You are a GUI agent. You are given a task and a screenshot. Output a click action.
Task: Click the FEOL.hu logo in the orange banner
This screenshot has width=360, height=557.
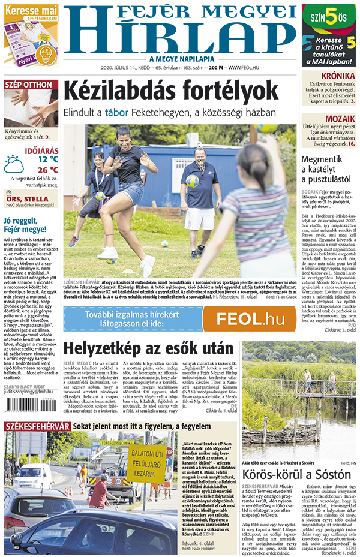click(x=250, y=318)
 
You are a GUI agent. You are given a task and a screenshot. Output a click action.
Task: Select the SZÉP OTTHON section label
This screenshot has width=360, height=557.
click(x=29, y=85)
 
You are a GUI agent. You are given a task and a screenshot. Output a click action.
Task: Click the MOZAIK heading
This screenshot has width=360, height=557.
click(x=340, y=118)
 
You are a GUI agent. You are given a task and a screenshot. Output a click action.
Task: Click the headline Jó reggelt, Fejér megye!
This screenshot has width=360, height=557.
click(x=25, y=225)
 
